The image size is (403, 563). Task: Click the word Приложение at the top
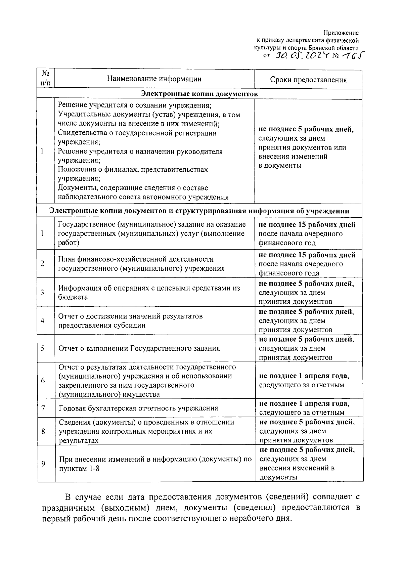click(341, 33)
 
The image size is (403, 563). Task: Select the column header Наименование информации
click(154, 79)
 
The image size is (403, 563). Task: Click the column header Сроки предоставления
click(308, 80)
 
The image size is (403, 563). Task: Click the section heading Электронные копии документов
click(199, 94)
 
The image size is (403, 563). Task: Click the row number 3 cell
click(43, 292)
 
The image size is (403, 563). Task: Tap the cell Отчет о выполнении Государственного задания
click(139, 348)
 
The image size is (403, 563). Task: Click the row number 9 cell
click(43, 464)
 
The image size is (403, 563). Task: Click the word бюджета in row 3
click(73, 297)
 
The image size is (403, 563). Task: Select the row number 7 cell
click(43, 408)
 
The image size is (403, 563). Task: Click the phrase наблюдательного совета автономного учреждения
click(143, 197)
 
